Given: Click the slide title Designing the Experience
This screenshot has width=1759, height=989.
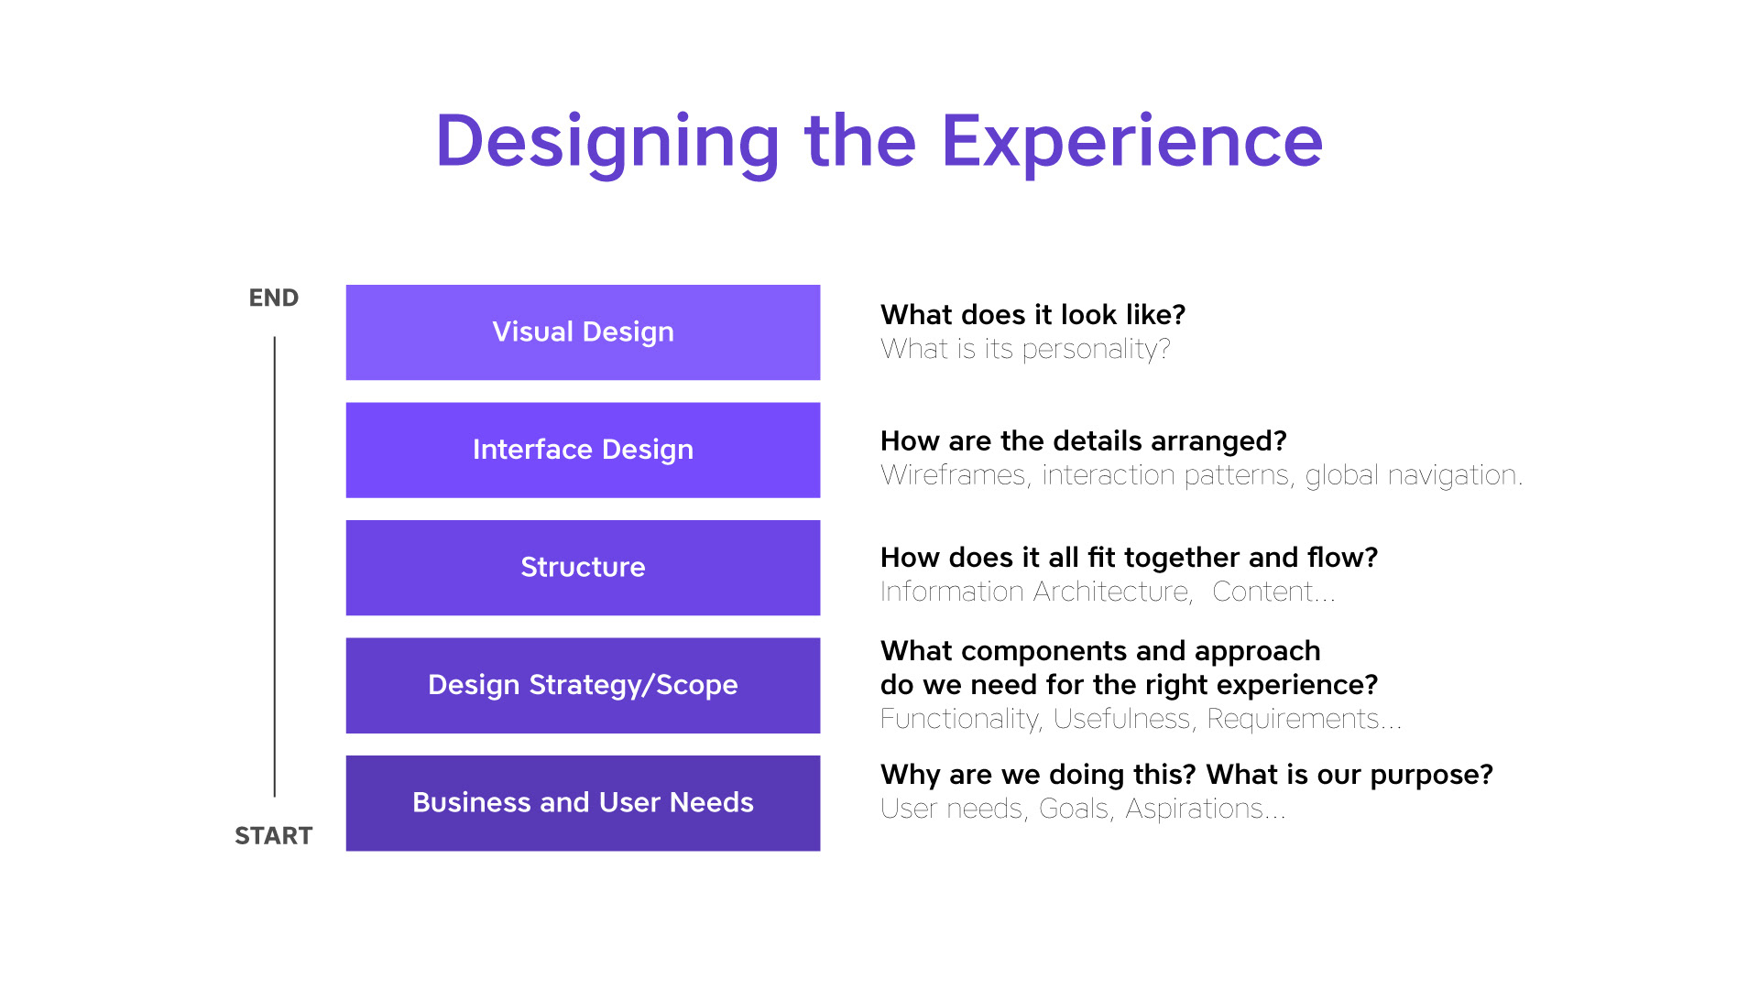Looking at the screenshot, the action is tap(879, 142).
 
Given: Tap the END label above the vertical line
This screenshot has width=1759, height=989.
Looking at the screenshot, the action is tap(274, 298).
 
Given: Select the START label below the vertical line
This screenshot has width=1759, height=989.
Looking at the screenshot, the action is tap(274, 835).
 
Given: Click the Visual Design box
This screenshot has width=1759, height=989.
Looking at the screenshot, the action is tap(583, 332).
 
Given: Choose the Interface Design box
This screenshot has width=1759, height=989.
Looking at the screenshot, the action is tap(583, 450).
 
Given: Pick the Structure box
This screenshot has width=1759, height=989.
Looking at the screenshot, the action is tap(583, 568).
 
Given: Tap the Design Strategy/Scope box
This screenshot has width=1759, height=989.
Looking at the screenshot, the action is tap(583, 685).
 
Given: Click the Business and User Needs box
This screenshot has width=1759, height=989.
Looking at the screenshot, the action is tap(583, 803).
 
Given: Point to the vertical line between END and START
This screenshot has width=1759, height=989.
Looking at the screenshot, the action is tap(275, 567).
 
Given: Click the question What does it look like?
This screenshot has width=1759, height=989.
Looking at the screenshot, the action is tap(1033, 315).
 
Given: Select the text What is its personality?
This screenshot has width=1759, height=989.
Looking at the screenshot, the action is tap(1025, 349).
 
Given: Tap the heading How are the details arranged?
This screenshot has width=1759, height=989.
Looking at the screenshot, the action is tap(1084, 441).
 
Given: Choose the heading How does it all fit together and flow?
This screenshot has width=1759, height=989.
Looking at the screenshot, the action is tap(1130, 558).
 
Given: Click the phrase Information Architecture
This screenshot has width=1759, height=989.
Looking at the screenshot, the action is tap(1036, 592).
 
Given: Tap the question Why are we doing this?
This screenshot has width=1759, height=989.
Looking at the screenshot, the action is tap(1039, 775).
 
